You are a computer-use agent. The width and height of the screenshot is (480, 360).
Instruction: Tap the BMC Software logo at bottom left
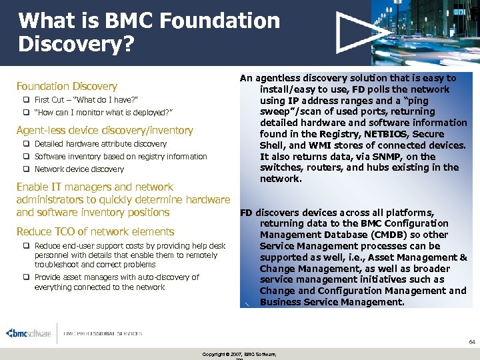29,333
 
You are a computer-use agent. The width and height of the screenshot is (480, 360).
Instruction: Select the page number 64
471,341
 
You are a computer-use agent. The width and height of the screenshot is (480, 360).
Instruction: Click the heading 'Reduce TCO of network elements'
95,231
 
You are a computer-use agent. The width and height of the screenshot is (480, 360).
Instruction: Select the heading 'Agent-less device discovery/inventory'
105,130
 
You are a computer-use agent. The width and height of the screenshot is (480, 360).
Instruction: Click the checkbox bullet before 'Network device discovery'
26,169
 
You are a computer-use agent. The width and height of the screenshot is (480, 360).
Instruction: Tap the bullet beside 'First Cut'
26,99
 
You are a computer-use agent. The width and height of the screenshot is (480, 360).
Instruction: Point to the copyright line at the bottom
239,353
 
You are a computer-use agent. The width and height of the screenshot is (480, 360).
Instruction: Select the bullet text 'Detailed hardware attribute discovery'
101,144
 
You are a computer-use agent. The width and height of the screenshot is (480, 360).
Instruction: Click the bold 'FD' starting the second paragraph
246,213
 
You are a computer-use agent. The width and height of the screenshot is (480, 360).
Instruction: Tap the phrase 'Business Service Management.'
332,302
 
